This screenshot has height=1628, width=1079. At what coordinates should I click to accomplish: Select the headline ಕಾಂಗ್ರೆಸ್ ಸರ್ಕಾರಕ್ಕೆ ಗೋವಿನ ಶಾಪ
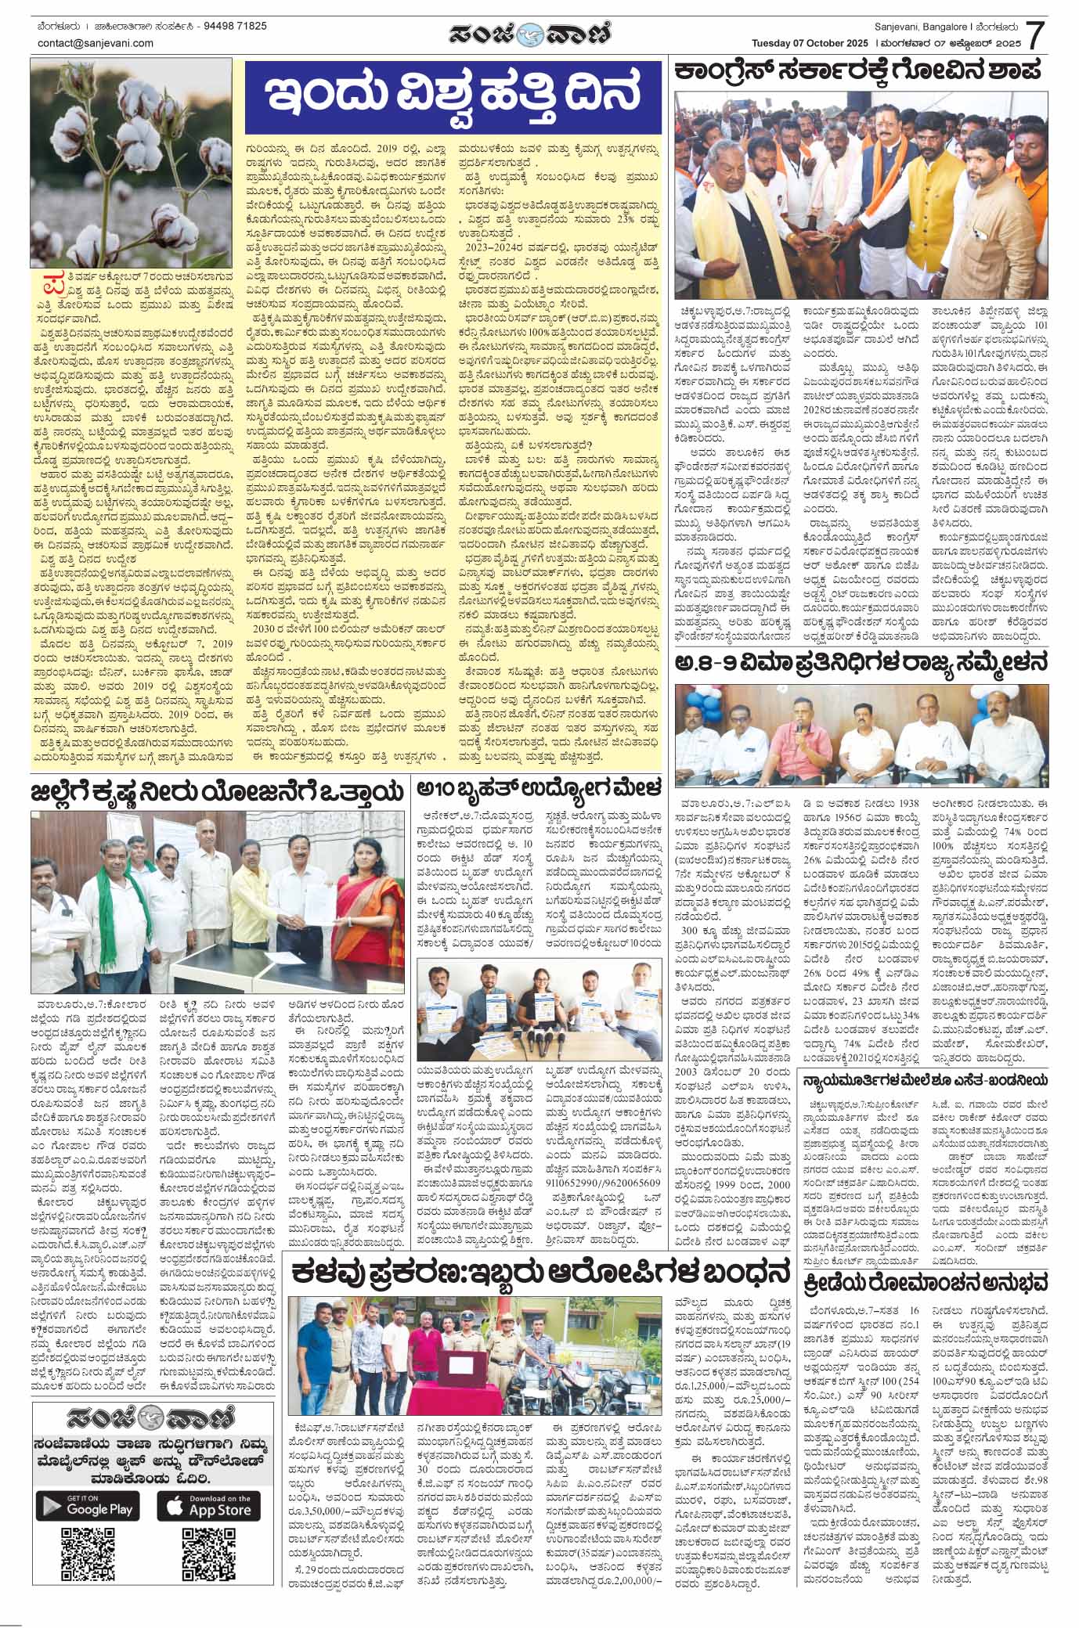click(x=859, y=69)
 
